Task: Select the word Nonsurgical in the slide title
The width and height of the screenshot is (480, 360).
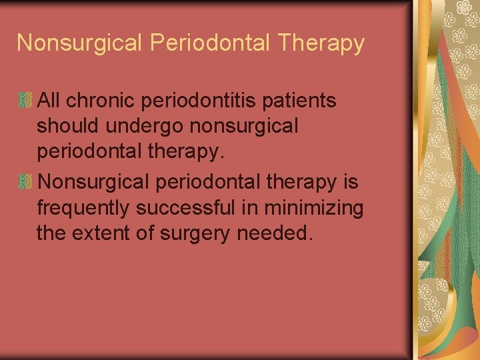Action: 79,43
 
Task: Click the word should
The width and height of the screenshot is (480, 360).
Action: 66,126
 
